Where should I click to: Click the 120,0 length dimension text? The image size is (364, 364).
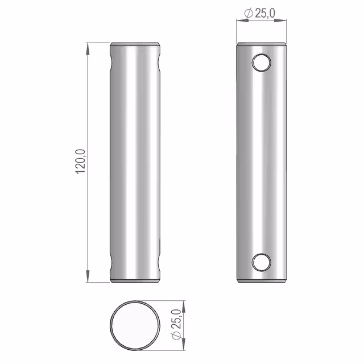coord(81,162)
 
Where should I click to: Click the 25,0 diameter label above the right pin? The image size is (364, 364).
coord(265,13)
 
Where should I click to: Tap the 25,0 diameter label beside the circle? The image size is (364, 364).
coord(176,318)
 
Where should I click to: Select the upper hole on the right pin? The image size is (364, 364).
coord(262,63)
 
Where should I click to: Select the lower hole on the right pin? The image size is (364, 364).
coord(262,262)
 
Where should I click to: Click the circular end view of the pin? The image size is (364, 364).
coord(135,325)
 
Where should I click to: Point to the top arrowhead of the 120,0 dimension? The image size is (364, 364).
coord(88,49)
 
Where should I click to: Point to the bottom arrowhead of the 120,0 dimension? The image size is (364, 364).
coord(88,276)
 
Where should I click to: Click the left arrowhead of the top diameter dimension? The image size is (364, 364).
coord(243,20)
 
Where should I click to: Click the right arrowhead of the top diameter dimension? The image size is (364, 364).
coord(280,20)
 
